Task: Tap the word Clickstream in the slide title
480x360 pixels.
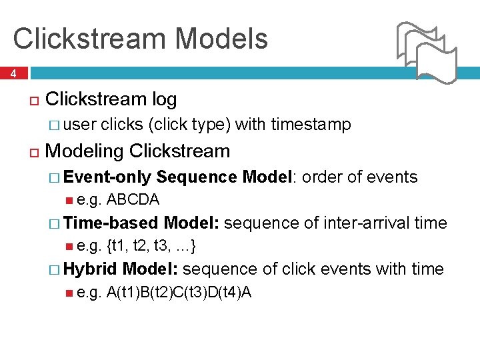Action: click(81, 39)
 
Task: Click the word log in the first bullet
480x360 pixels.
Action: click(164, 99)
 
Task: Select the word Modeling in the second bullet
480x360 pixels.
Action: click(85, 151)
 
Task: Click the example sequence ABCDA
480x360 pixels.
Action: click(133, 199)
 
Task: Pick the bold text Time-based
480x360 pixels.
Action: click(111, 223)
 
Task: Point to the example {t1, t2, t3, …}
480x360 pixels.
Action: click(151, 246)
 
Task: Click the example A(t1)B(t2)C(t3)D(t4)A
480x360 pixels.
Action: click(179, 292)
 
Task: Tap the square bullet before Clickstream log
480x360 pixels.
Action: click(34, 101)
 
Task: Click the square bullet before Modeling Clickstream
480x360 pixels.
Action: click(34, 152)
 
